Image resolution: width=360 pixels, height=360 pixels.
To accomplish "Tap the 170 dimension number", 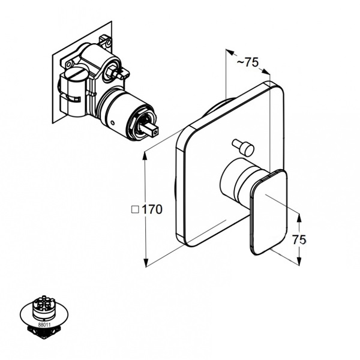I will click(x=152, y=211).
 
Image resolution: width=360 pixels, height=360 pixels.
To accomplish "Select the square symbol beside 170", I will click(x=135, y=211).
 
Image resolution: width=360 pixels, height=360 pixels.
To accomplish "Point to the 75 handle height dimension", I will click(x=299, y=239).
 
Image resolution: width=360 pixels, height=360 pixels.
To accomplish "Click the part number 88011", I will click(x=44, y=324).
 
